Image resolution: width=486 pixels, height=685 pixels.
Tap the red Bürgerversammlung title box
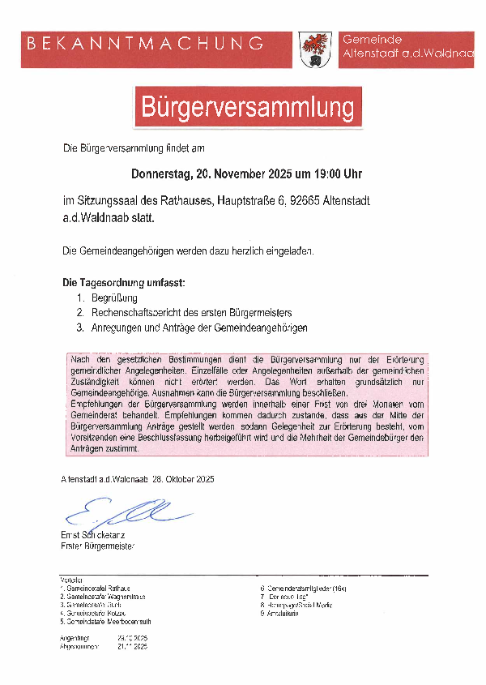click(x=248, y=107)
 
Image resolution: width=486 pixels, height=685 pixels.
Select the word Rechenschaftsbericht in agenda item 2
click(x=139, y=312)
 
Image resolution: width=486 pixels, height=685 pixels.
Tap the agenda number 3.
click(x=80, y=327)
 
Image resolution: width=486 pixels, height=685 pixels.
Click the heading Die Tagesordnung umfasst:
click(x=124, y=283)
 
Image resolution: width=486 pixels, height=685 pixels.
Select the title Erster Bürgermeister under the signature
click(x=98, y=546)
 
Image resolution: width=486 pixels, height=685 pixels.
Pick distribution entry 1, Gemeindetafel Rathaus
click(x=97, y=588)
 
